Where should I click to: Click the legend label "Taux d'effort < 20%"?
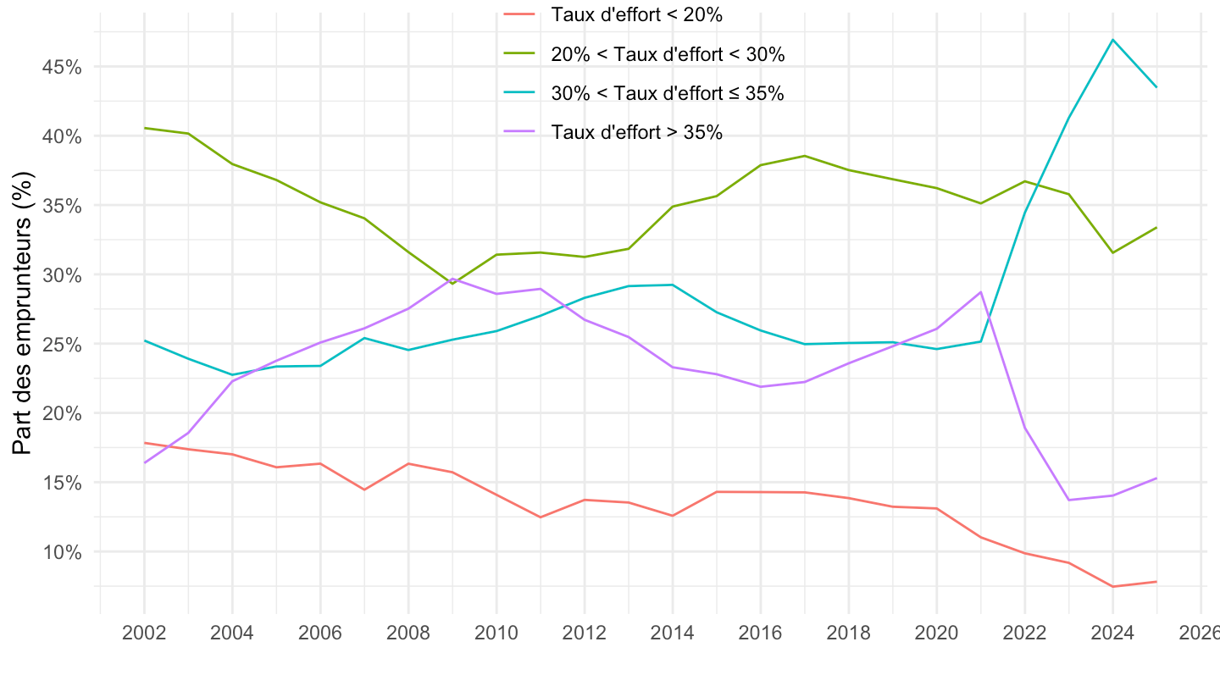click(635, 14)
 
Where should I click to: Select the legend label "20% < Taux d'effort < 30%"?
click(668, 54)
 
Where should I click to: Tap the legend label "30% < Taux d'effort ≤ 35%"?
click(667, 93)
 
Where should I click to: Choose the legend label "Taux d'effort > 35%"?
click(635, 132)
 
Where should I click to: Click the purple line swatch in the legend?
click(520, 131)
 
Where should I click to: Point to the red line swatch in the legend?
click(520, 14)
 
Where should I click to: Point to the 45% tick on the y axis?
click(60, 67)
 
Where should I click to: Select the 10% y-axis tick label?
click(60, 552)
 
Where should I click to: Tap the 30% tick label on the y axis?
click(60, 275)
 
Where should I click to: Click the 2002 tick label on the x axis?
click(144, 633)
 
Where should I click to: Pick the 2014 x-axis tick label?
click(673, 633)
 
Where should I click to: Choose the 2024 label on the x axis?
click(1112, 633)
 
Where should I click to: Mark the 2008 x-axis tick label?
click(408, 633)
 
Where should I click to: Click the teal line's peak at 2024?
click(1112, 40)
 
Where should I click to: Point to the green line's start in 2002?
click(144, 128)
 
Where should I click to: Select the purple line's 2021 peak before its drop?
click(980, 292)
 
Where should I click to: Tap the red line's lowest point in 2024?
click(1112, 586)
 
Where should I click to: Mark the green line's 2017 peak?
click(804, 156)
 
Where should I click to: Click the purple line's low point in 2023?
click(1068, 500)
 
